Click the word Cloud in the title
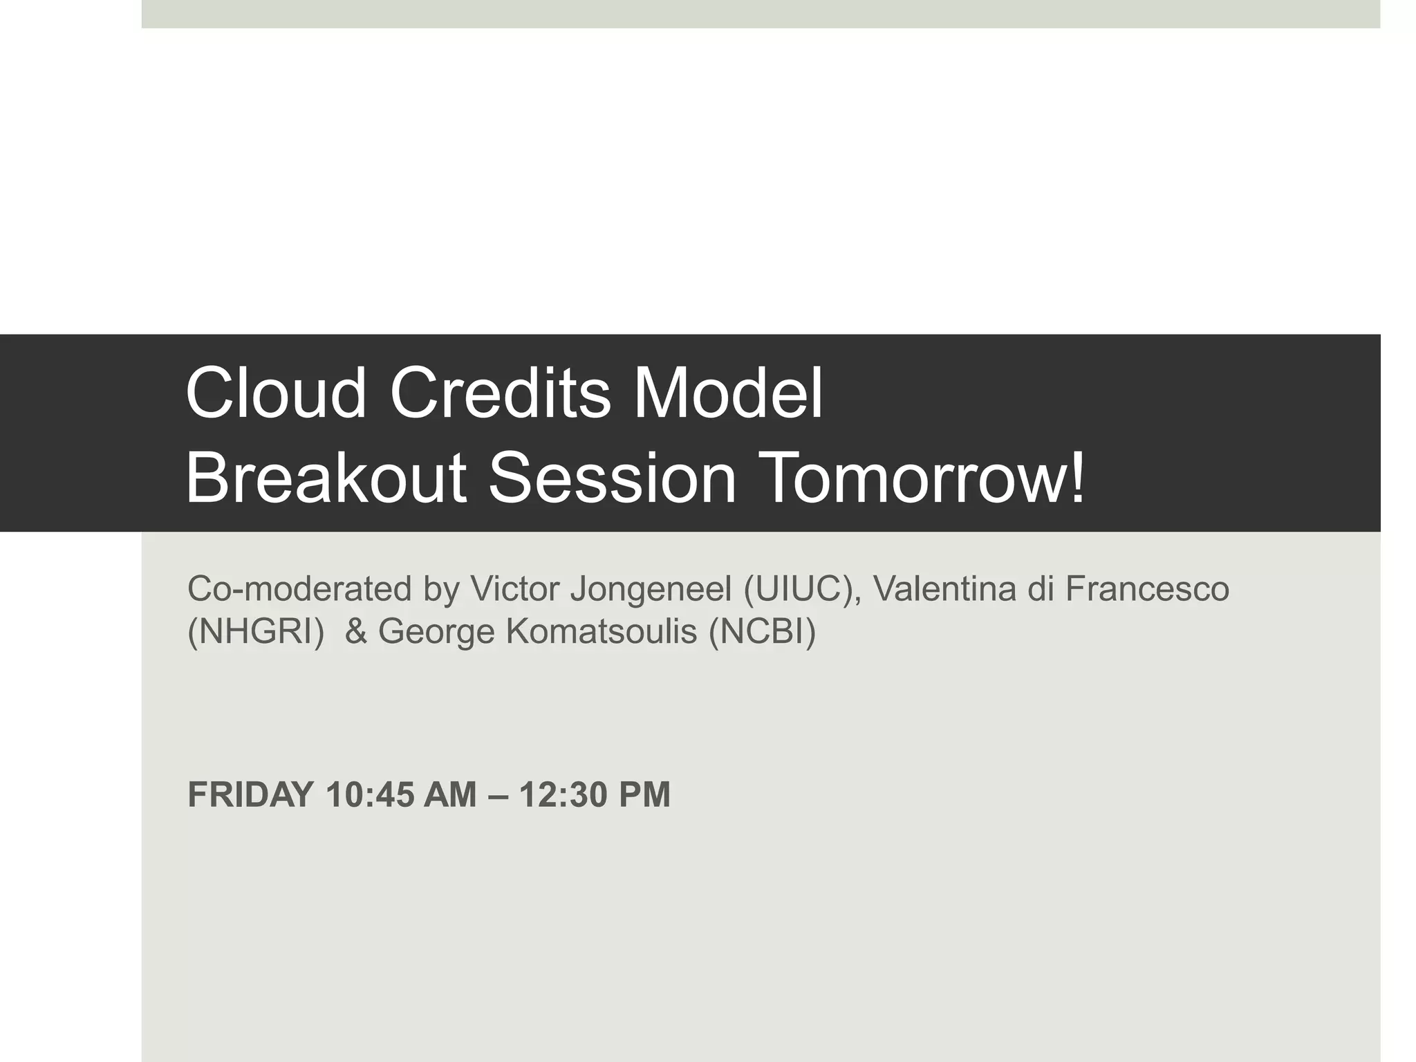coord(275,393)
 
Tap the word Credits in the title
coord(500,393)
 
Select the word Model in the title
coord(729,393)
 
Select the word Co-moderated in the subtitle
coord(299,589)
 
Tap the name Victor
coord(514,589)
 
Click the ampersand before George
coord(355,631)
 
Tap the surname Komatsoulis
coord(602,631)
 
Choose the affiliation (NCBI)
coord(762,631)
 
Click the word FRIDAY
coord(250,794)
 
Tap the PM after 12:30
coord(644,794)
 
